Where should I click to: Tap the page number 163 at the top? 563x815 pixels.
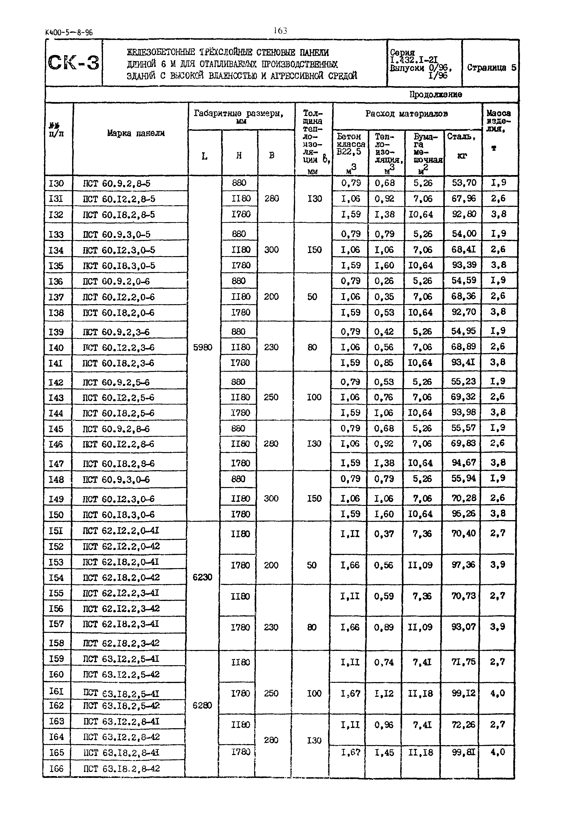coord(281,31)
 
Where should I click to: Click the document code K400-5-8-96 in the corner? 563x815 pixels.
coord(69,33)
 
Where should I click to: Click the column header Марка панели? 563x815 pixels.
coord(136,133)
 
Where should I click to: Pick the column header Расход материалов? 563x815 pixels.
coord(406,114)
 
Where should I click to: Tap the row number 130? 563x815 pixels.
coord(56,184)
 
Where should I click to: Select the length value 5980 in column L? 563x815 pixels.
coord(203,348)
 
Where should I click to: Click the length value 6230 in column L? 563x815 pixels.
coord(202,577)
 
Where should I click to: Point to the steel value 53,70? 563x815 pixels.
coord(464,183)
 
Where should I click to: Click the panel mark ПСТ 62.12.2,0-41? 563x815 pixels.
coord(121,531)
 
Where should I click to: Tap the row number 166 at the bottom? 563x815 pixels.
coord(56,768)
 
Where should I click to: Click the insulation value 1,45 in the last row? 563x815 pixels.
coord(384,753)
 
